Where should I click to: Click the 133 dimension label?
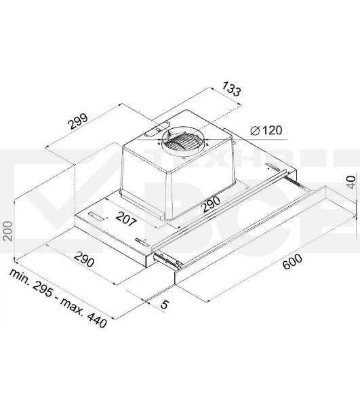click(231, 89)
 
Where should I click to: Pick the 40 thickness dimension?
click(349, 183)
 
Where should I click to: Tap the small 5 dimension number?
click(165, 305)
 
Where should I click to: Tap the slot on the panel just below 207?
click(139, 241)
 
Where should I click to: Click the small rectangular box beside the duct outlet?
click(161, 127)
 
